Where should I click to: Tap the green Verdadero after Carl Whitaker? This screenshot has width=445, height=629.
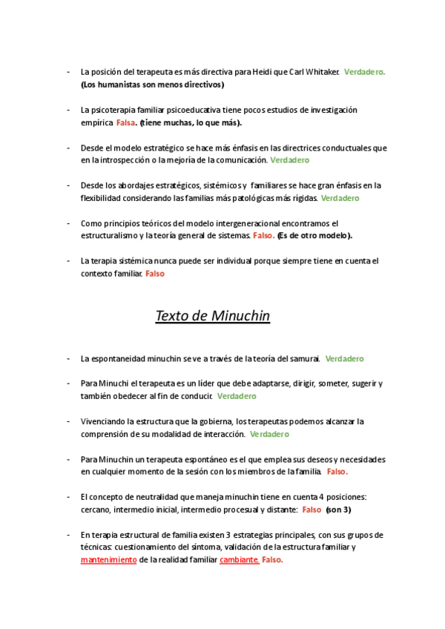click(365, 72)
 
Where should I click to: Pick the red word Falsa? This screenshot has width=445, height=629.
click(125, 122)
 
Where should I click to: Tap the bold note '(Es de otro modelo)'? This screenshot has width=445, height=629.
click(314, 235)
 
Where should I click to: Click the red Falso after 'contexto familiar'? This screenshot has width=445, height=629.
click(155, 273)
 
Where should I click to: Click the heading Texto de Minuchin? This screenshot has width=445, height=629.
click(212, 317)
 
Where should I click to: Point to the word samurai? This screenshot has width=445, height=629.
click(302, 359)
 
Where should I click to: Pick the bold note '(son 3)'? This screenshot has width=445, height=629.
click(338, 510)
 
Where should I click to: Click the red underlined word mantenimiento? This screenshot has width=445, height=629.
click(108, 560)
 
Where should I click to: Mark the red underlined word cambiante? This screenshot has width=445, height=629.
click(239, 560)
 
